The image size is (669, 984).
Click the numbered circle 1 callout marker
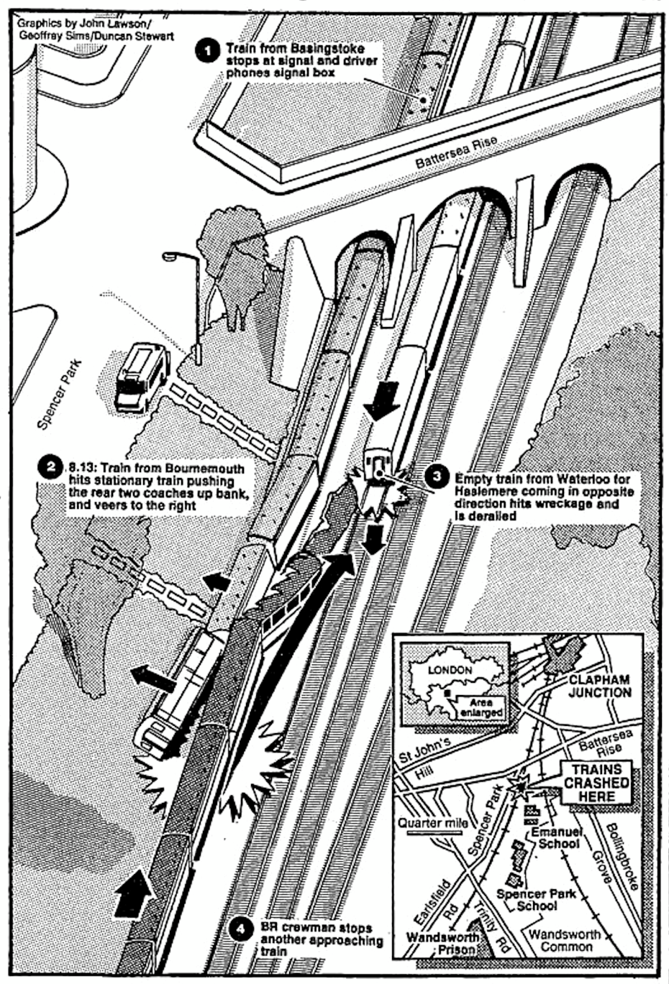pos(209,52)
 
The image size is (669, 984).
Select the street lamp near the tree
pos(188,308)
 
